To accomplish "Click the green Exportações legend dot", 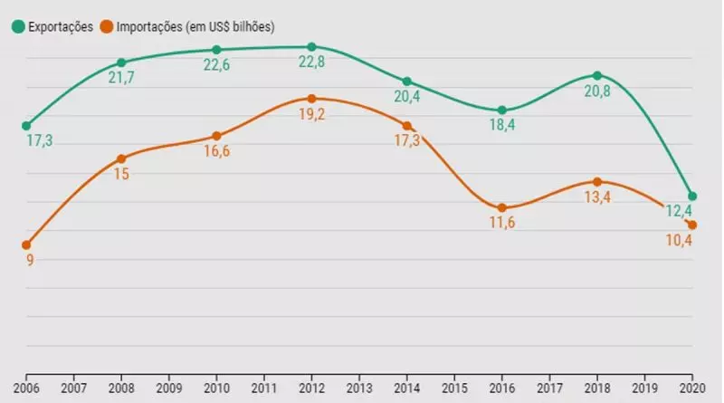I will pos(17,26).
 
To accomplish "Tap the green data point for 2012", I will pos(311,46).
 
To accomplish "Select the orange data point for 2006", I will pos(26,245).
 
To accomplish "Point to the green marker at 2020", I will pos(691,197).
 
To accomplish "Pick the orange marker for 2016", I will pos(501,207).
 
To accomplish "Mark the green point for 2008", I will pos(121,62).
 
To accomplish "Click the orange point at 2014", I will pos(406,126).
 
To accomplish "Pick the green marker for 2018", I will pos(596,75).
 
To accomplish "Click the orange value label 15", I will pos(121,175).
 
